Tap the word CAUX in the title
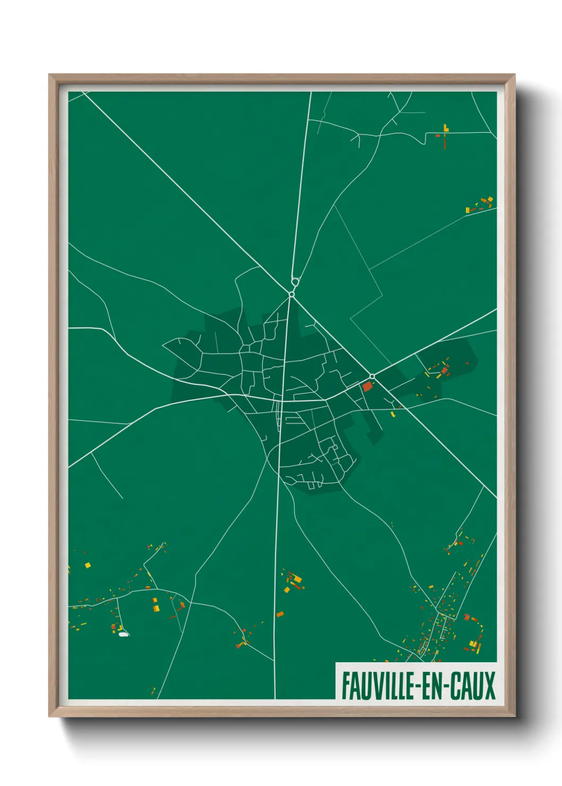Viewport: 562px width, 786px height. click(473, 686)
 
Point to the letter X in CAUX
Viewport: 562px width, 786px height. click(489, 686)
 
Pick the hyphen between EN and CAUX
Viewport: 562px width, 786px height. click(447, 687)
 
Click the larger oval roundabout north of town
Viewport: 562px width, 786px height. click(295, 281)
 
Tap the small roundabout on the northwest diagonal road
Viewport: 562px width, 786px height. click(292, 294)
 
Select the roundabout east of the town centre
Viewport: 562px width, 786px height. click(372, 376)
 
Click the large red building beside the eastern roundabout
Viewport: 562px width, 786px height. click(367, 386)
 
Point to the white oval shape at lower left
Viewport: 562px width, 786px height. click(123, 634)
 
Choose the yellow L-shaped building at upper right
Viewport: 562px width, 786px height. click(446, 128)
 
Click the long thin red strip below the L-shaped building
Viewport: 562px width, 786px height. click(445, 142)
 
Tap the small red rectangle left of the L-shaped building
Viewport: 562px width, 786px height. click(438, 135)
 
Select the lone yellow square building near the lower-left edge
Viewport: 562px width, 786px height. click(88, 565)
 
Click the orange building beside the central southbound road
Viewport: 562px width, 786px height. click(280, 614)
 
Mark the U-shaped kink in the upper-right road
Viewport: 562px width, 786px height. click(425, 139)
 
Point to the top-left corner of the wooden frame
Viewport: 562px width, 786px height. click(49, 75)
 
